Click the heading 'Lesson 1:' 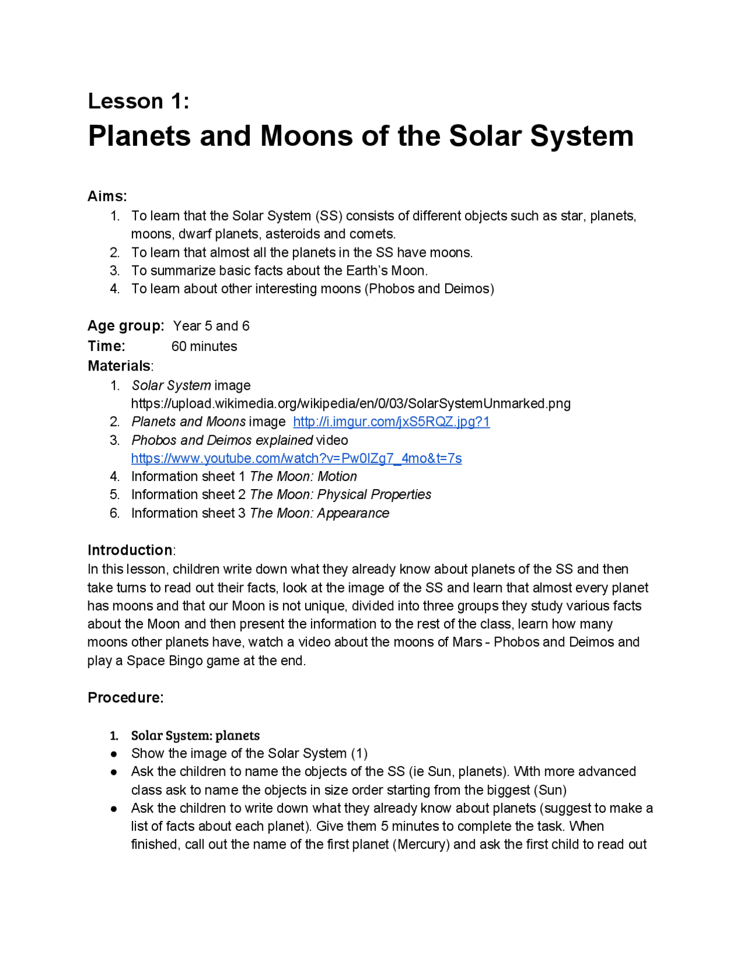click(138, 101)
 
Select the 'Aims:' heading click(107, 196)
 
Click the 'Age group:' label click(126, 326)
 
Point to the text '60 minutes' click(204, 346)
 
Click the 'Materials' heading click(119, 366)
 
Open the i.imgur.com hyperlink click(391, 422)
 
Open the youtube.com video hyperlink click(296, 458)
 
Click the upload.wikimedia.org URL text click(350, 404)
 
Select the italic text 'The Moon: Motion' click(303, 476)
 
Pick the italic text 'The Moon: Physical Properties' click(341, 494)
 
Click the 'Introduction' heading click(130, 550)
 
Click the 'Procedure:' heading click(126, 698)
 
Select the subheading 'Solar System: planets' click(195, 735)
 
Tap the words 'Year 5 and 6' click(211, 326)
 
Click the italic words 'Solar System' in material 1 click(171, 386)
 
